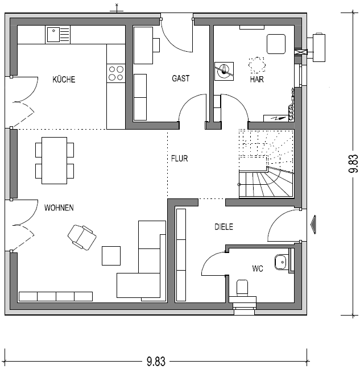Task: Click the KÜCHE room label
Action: coord(64,79)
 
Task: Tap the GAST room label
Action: coord(181,78)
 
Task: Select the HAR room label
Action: coord(256,79)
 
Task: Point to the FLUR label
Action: coord(179,159)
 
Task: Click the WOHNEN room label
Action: coord(59,208)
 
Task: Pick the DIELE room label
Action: coord(224,227)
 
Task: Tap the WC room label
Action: coord(258,268)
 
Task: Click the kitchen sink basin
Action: coord(53,35)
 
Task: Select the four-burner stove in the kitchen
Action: coord(116,73)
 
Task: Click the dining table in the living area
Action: coord(55,160)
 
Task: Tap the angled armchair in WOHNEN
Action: coord(82,237)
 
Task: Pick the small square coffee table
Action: coord(111,256)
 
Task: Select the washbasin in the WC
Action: coord(280,262)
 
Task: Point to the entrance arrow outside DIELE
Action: coord(313,225)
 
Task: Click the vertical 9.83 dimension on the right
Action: coord(353,164)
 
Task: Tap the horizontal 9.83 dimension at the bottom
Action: coord(156,361)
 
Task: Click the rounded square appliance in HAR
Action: coord(276,44)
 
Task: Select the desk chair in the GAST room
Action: coord(156,45)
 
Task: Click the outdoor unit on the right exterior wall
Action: coord(319,48)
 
